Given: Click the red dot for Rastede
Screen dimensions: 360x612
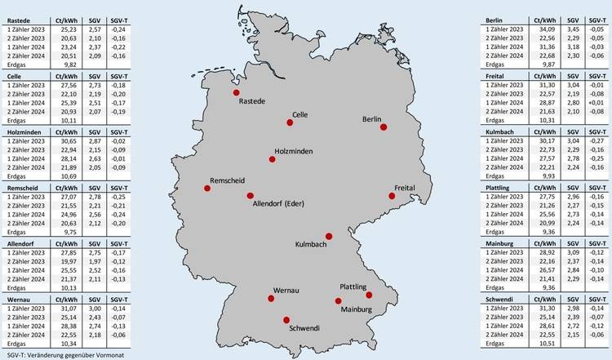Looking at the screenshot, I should point(236,93).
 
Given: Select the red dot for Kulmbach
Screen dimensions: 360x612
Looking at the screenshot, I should point(329,235).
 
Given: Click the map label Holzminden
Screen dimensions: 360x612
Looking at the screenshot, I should point(295,152).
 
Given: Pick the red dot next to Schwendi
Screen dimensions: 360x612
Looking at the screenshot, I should point(286,319).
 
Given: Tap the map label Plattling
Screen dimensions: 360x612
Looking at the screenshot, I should point(357,287).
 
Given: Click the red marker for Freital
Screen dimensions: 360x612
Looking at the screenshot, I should point(392,196).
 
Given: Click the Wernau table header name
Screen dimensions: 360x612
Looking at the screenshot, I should point(17,300).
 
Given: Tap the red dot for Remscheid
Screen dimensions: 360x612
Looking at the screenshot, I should point(207,188).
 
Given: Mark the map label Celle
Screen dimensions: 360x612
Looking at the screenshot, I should point(299,115).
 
